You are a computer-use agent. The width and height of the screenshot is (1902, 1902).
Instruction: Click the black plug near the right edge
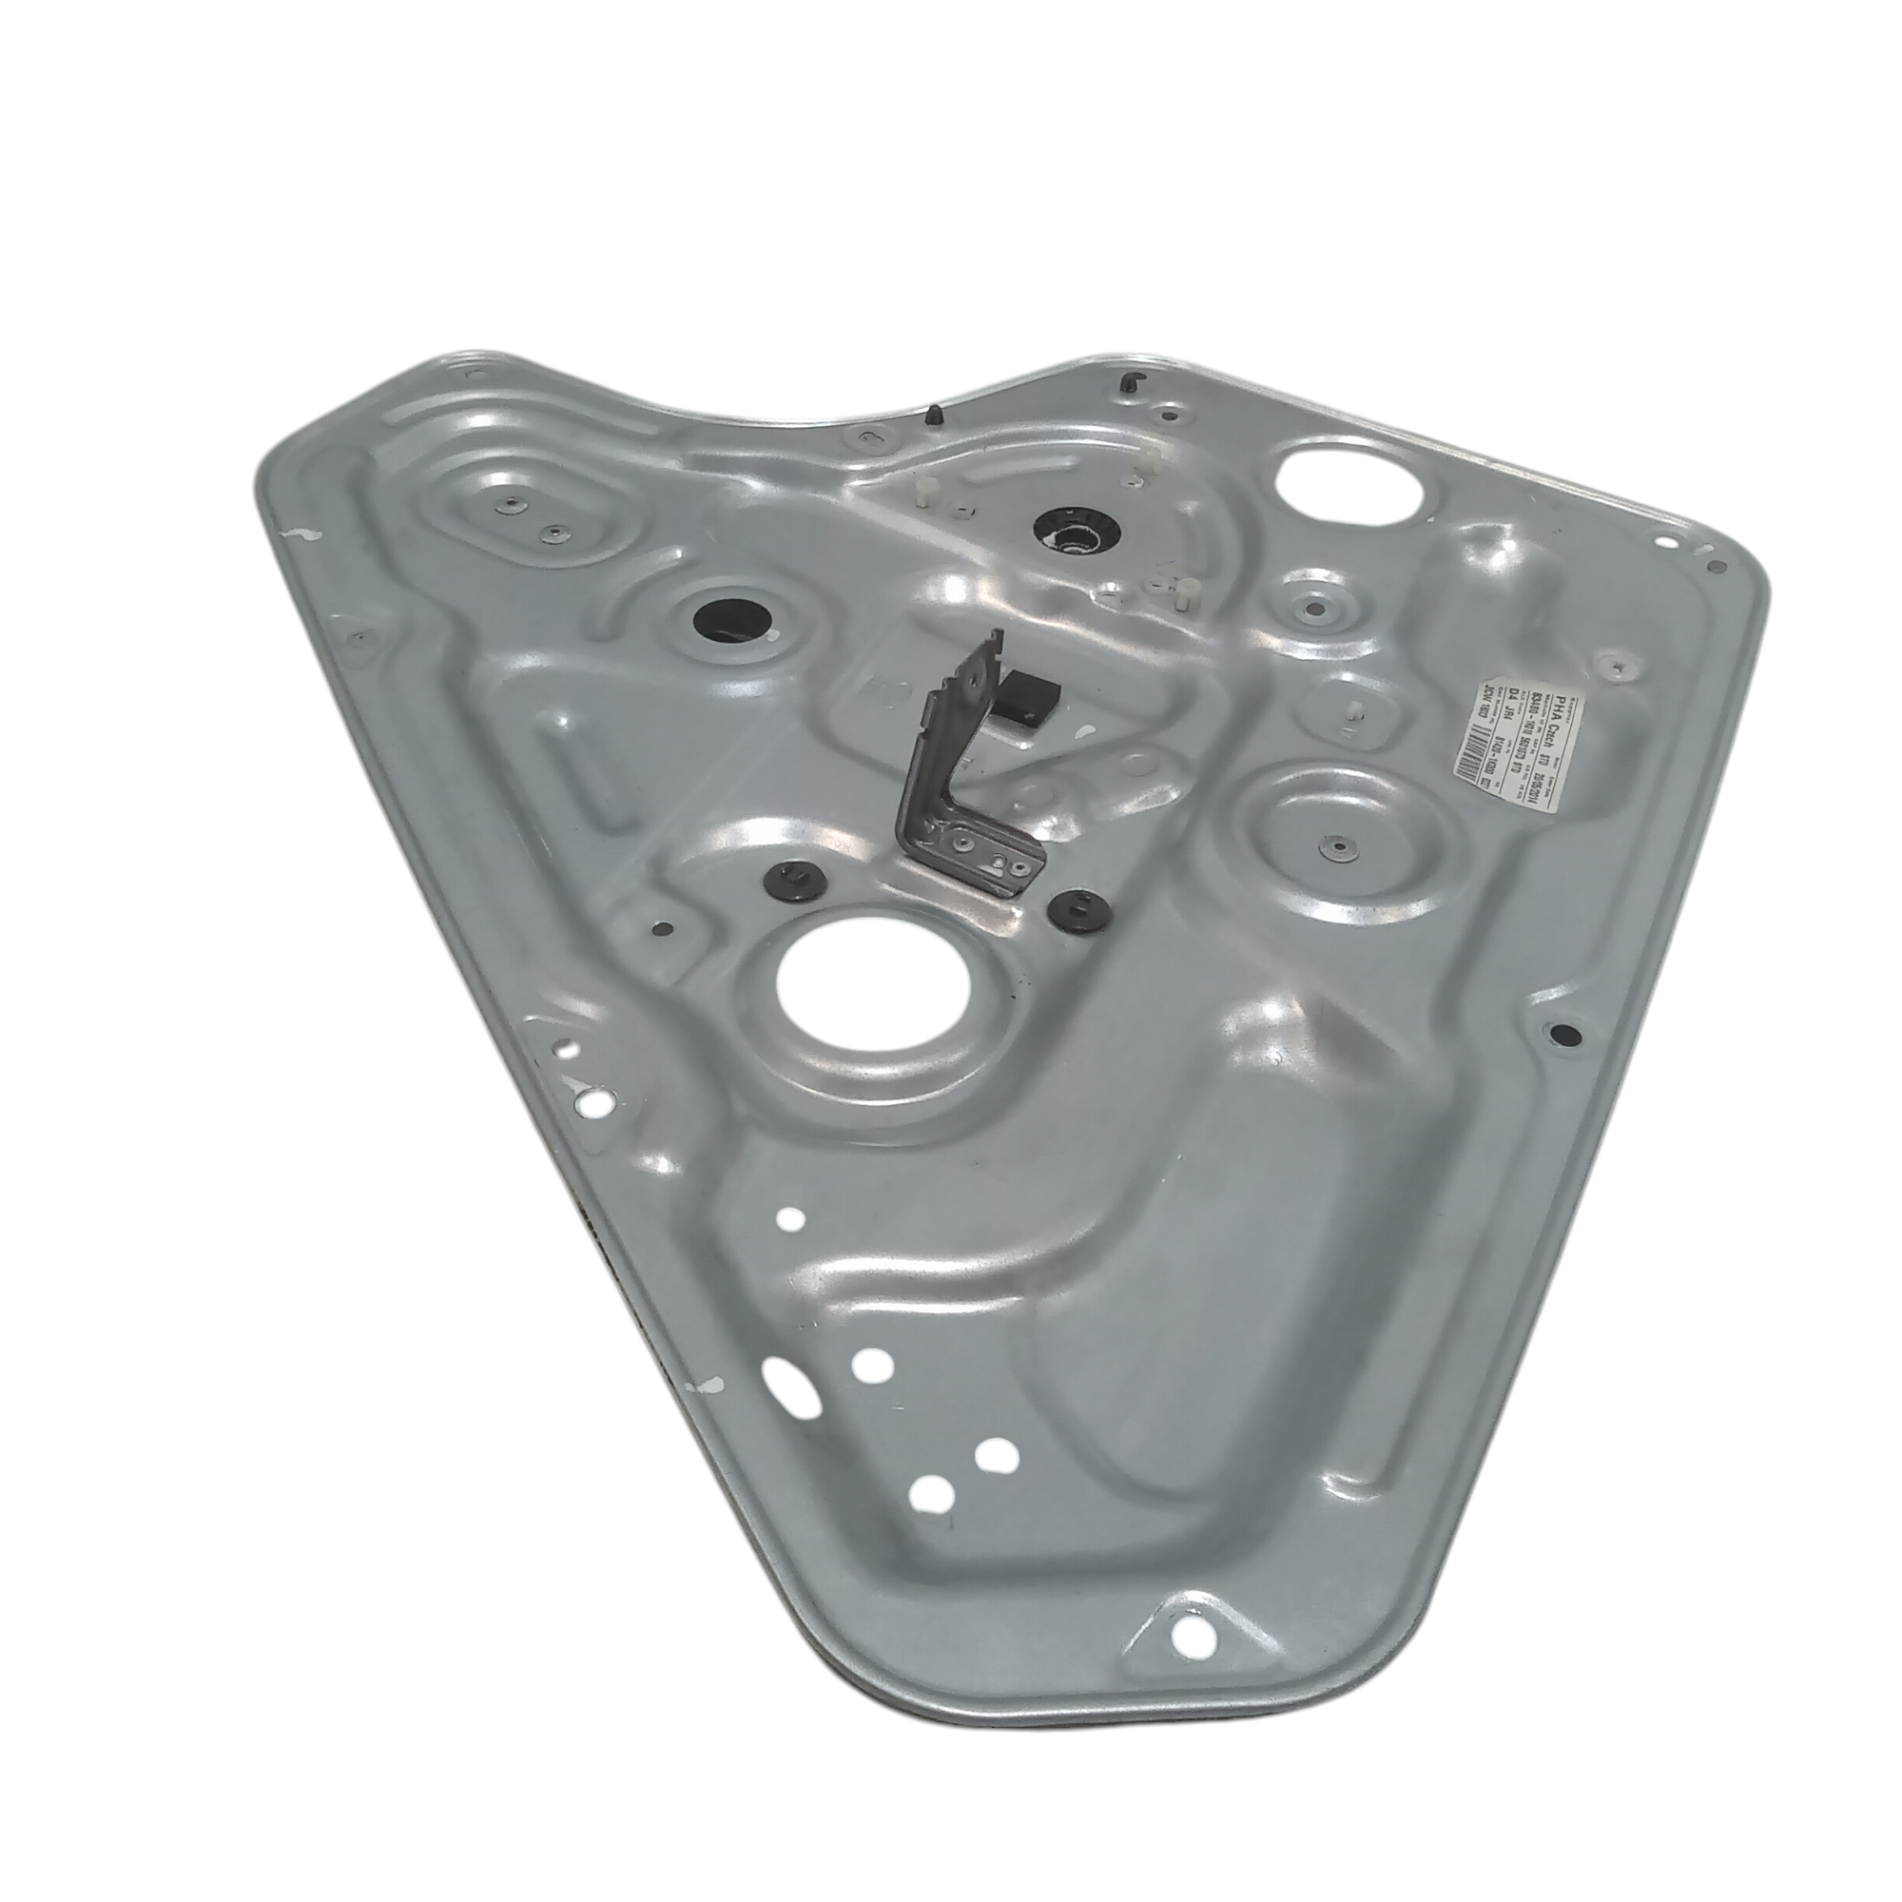pyautogui.click(x=1564, y=1034)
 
